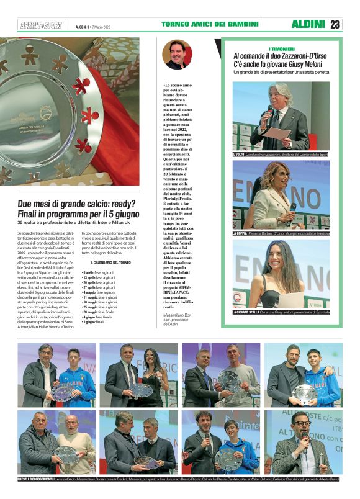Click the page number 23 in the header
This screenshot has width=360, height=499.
point(335,24)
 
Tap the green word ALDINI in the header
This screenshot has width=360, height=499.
point(308,24)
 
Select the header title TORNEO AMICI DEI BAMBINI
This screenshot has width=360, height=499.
point(210,24)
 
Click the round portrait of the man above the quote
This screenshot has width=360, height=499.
point(177,55)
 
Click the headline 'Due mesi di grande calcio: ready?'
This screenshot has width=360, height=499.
point(78,204)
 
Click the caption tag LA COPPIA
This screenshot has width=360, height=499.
point(240,233)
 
